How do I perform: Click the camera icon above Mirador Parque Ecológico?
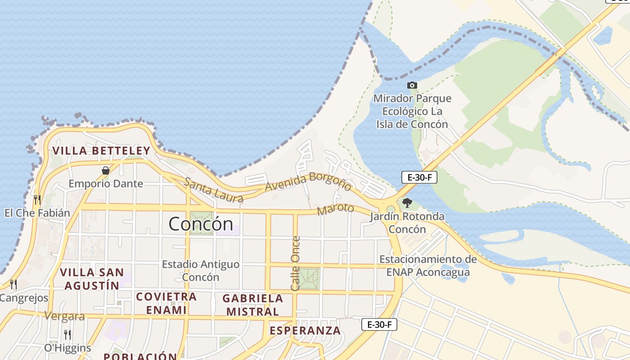tap(412, 85)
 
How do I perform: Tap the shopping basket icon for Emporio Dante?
tap(105, 171)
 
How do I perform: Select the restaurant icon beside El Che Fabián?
tap(37, 199)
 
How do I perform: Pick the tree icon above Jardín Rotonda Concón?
tap(407, 203)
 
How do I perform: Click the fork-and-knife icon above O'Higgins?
tap(67, 335)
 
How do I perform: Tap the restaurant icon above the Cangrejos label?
tap(13, 284)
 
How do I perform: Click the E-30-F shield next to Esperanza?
tap(379, 324)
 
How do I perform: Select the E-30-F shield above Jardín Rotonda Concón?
tap(419, 177)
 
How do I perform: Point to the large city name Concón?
tap(201, 224)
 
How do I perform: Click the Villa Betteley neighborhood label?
tap(101, 150)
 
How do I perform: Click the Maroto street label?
tap(336, 209)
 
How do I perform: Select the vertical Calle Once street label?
tap(295, 263)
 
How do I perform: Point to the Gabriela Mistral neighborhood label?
tap(252, 305)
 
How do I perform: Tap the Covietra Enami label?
tap(166, 303)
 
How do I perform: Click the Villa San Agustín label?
tap(92, 279)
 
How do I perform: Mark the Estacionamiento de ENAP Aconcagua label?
tap(427, 265)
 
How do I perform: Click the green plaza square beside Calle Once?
tap(309, 279)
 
